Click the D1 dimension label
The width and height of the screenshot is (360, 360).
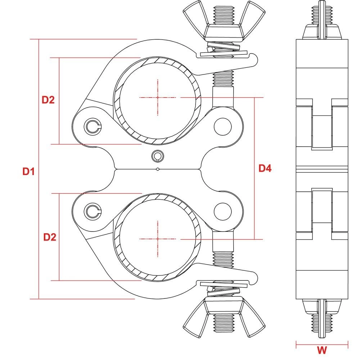click(28, 172)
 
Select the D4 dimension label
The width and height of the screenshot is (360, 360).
click(265, 168)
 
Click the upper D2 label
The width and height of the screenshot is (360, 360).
click(48, 100)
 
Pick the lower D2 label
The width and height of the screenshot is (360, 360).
click(50, 237)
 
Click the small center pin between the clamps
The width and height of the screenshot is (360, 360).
click(157, 156)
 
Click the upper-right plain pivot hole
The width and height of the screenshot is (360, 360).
click(222, 126)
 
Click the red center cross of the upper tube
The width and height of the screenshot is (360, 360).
click(158, 98)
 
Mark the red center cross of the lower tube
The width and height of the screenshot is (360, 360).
click(158, 239)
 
